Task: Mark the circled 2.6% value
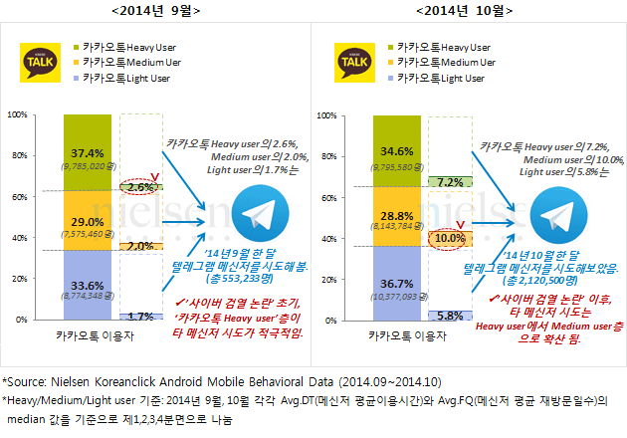(139, 187)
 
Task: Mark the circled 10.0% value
(451, 239)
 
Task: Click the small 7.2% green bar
(450, 182)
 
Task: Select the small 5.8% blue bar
(450, 315)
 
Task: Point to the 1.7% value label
(139, 316)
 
